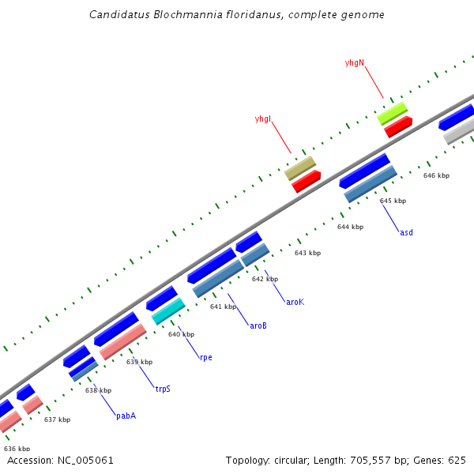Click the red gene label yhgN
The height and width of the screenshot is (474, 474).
tap(355, 62)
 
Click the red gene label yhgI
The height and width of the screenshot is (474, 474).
tap(262, 119)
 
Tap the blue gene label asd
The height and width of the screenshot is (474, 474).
tap(406, 232)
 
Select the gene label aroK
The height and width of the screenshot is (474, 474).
tap(295, 302)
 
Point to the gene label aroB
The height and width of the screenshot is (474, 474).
tap(258, 325)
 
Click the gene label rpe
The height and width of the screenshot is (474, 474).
tap(205, 357)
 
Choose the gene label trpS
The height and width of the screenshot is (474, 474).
tap(163, 389)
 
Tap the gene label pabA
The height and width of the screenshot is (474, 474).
tap(126, 416)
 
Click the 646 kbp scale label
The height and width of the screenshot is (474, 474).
tap(436, 175)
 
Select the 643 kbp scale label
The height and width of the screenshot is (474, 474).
tap(307, 253)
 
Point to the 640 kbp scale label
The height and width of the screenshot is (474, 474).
tap(181, 334)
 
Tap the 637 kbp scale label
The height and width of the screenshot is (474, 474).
tap(57, 419)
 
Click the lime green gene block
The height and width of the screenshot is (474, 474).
tap(392, 113)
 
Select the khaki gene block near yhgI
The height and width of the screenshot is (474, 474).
tap(300, 167)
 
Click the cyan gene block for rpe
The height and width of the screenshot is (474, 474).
tap(168, 311)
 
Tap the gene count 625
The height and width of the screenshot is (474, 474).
tap(457, 460)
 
